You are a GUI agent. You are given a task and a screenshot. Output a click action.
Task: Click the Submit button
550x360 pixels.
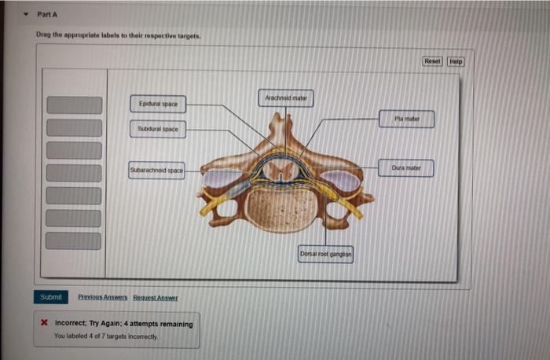point(49,297)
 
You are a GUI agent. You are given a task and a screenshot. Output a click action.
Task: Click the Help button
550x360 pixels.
point(456,61)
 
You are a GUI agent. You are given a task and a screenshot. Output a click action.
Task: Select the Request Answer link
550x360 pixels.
point(155,298)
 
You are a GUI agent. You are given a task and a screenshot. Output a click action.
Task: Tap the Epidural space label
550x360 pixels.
point(158,104)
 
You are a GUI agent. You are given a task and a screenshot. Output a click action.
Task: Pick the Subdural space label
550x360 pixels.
point(158,129)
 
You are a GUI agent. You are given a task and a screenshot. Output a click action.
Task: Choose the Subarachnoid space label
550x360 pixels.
point(156,170)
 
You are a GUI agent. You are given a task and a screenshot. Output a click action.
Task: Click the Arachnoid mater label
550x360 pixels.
point(285,99)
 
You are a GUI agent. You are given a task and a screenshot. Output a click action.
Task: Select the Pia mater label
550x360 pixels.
point(407,119)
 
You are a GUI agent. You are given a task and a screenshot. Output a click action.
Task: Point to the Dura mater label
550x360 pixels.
point(406,168)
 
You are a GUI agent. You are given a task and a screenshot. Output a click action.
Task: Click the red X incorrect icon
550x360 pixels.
point(45,324)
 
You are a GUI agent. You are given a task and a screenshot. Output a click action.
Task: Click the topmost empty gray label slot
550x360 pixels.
point(74,105)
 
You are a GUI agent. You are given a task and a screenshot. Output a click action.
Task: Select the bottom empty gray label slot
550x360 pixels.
point(74,241)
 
